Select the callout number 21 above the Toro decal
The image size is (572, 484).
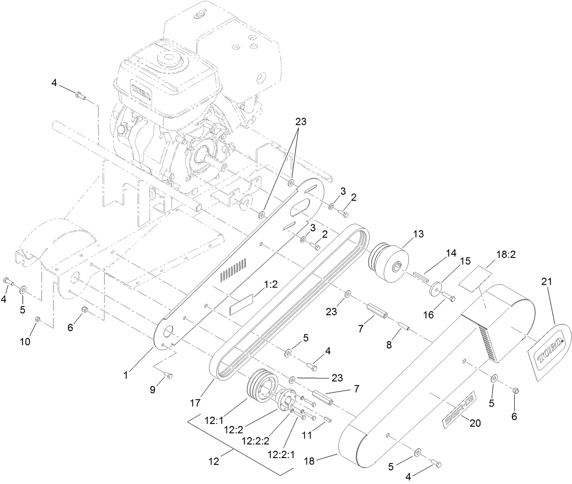coord(546,282)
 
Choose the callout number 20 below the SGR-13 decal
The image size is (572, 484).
coord(475,423)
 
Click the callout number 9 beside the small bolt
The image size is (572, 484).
coord(153,389)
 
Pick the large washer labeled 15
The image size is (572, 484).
coord(437,290)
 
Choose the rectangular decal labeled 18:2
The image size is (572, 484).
coord(476,277)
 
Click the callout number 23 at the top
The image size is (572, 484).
coord(301,122)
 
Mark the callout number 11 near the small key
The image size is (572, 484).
coord(307,435)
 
